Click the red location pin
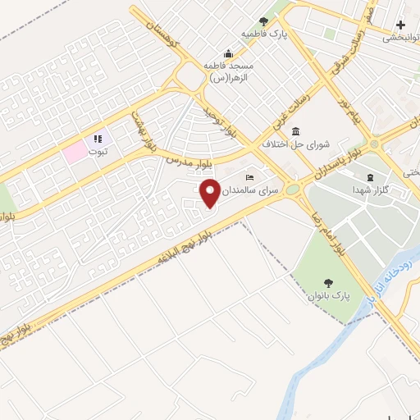[x=209, y=194]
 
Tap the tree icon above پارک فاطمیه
[x=263, y=21]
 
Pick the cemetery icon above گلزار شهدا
[x=369, y=178]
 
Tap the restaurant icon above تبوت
[x=98, y=139]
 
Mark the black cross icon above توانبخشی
[x=399, y=25]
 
